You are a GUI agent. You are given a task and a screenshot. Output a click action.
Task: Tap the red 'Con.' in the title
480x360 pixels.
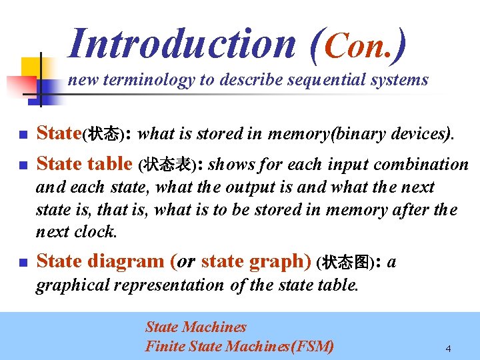[x=365, y=44]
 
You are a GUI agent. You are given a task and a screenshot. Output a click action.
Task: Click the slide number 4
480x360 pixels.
[x=449, y=349]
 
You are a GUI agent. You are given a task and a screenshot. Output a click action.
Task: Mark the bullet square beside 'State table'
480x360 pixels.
[x=23, y=165]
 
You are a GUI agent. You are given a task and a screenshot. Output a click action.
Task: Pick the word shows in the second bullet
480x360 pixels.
[x=229, y=165]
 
